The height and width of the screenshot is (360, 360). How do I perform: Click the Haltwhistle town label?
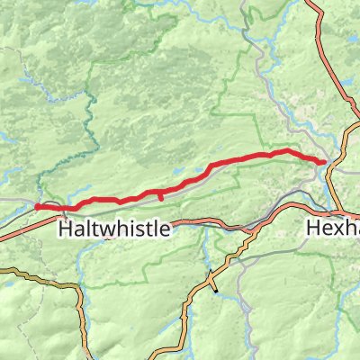tap(113, 229)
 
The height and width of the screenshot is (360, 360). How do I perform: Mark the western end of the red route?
tap(37, 207)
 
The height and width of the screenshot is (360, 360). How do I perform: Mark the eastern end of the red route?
tap(323, 160)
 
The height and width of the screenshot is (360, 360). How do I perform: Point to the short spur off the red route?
tap(160, 197)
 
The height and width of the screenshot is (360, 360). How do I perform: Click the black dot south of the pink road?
tap(216, 291)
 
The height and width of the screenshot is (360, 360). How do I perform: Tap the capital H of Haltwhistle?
tap(65, 229)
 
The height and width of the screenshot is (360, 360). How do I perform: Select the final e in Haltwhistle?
tap(163, 231)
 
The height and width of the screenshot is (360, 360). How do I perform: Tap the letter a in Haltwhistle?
tap(78, 231)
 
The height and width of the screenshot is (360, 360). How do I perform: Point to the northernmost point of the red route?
tap(286, 150)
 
